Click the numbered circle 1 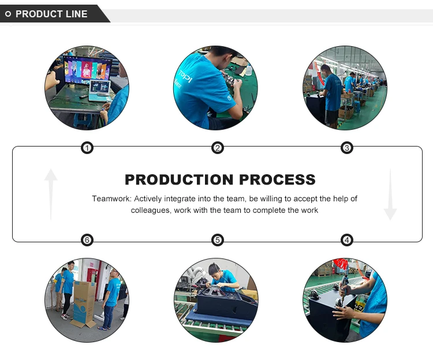pos(87,148)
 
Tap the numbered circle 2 pos(218,148)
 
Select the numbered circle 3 pos(347,148)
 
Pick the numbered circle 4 pos(347,240)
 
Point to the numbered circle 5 pos(218,240)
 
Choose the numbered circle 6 pos(87,240)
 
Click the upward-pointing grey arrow pos(51,194)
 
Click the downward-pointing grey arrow pos(390,194)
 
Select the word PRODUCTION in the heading pos(179,179)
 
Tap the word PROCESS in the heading pos(277,179)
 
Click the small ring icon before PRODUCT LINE pos(8,14)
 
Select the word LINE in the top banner pos(76,14)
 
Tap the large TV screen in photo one pos(87,70)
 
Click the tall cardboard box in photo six pos(84,303)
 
